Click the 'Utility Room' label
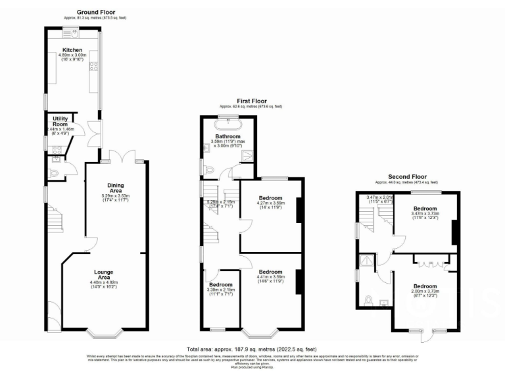tap(60, 122)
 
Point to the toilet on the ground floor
tap(55, 174)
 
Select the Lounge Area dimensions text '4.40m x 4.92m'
tap(105, 283)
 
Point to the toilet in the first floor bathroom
tap(208, 170)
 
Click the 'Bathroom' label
tap(228, 136)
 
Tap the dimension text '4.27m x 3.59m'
tap(270, 204)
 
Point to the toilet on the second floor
tap(369, 301)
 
